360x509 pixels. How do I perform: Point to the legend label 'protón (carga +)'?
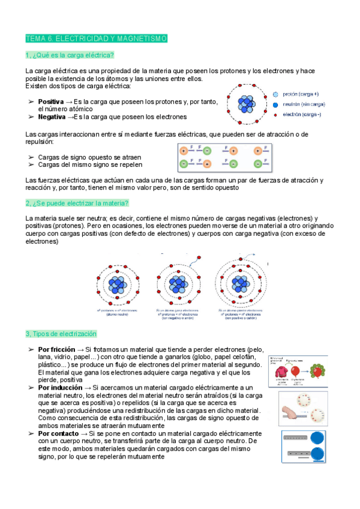[x=301, y=94]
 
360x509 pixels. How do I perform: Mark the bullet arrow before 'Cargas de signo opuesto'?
[x=31, y=157]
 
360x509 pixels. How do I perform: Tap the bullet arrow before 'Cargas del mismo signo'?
[x=31, y=164]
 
